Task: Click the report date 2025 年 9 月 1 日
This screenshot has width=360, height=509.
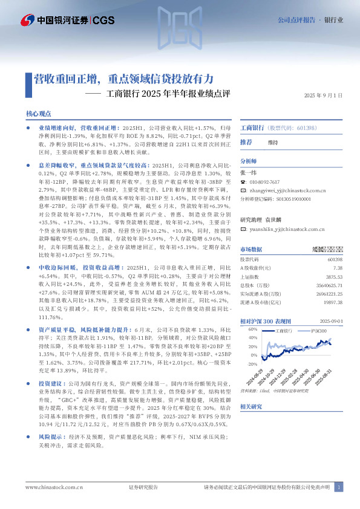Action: pos(323,96)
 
